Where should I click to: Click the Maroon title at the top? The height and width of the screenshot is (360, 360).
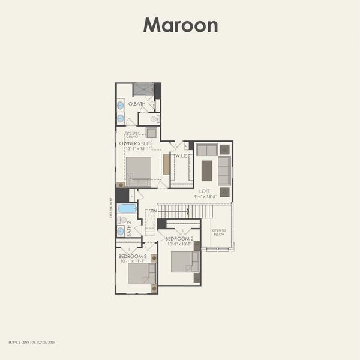[180, 25]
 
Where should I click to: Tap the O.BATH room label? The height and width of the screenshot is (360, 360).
[137, 104]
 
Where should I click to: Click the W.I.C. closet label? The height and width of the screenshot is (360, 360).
[182, 157]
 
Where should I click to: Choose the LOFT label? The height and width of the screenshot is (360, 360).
[205, 191]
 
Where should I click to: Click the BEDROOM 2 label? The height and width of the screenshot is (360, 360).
[179, 239]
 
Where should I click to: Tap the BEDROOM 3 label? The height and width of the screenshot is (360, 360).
[132, 256]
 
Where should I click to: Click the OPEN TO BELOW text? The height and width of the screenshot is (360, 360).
[219, 233]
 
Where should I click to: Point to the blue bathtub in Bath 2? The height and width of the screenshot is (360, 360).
[127, 208]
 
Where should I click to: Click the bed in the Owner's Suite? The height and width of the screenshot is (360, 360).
[139, 170]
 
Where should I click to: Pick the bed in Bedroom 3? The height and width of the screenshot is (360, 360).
[142, 273]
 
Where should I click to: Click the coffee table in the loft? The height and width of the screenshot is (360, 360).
[206, 170]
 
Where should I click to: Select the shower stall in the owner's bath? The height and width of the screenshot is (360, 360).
[143, 89]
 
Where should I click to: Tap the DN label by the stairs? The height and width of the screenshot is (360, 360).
[154, 211]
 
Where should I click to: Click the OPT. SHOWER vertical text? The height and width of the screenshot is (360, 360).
[111, 208]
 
